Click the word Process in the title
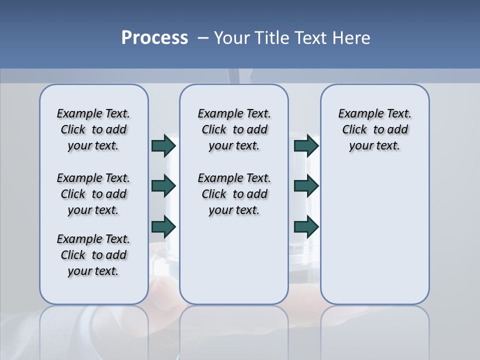(154, 38)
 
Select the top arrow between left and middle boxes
(163, 146)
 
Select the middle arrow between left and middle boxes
(163, 186)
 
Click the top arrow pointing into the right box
(306, 146)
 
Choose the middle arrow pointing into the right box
(306, 186)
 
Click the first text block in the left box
(93, 129)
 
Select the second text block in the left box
(93, 194)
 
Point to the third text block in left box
(93, 255)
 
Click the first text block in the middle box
(234, 129)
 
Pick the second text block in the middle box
(234, 194)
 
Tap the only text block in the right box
(374, 129)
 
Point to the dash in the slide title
(203, 38)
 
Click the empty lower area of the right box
(374, 240)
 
